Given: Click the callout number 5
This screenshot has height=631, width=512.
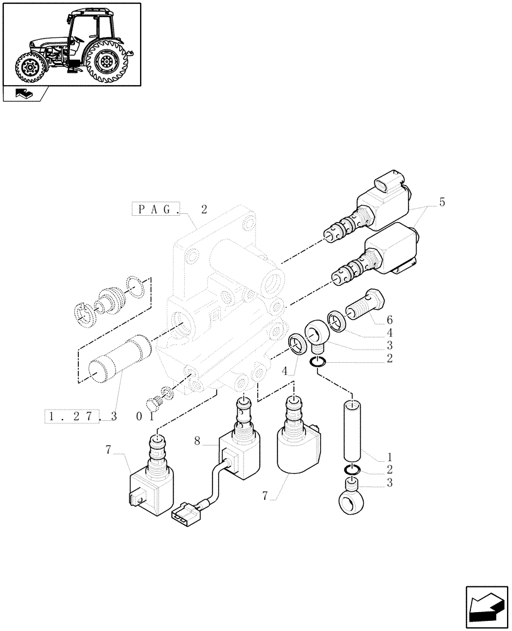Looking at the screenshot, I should point(441,203).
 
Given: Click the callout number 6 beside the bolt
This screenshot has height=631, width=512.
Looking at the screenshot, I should point(390,320).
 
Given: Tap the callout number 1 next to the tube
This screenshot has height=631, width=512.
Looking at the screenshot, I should point(390,456).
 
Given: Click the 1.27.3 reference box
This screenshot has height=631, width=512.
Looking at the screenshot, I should point(82,416).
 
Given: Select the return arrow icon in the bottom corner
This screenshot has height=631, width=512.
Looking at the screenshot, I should point(486,608).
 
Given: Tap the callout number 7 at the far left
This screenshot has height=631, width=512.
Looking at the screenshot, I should point(108,450).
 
